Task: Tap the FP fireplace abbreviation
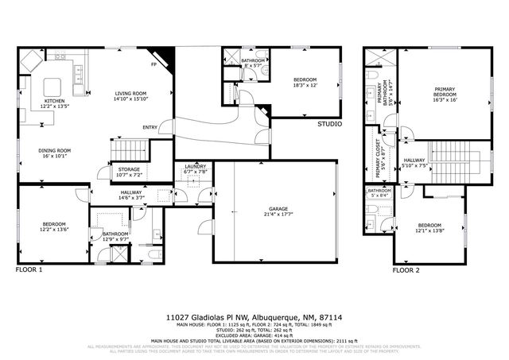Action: (153, 64)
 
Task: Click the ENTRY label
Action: (150, 127)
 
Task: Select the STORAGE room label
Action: (130, 170)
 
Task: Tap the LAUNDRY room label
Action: (196, 168)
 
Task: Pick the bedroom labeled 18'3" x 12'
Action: (305, 82)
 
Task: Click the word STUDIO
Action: (329, 125)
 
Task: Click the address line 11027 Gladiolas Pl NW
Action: (254, 315)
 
